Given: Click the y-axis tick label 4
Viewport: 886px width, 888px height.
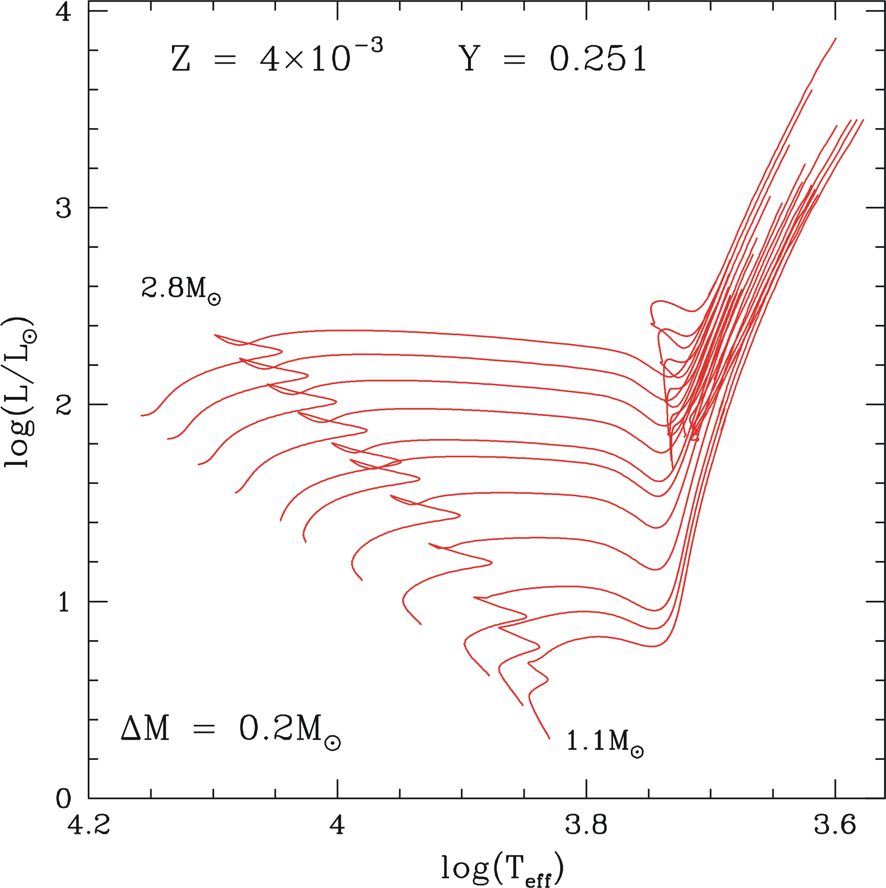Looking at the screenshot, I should click(64, 12).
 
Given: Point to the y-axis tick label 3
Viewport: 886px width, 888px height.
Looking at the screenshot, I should click(64, 209).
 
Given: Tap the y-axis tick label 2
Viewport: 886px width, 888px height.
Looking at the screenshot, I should click(64, 405).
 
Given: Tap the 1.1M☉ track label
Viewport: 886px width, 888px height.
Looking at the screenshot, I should click(604, 741).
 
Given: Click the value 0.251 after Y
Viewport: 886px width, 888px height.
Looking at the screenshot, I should click(598, 59).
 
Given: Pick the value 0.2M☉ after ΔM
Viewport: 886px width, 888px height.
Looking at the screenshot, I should click(289, 730).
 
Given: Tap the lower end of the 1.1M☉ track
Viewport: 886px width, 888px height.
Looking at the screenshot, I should click(549, 738).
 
